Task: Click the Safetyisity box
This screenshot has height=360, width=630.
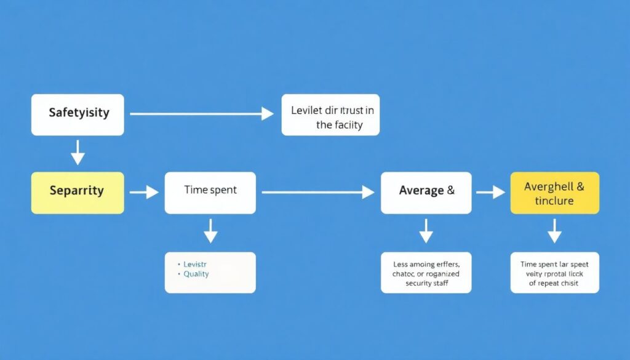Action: click(78, 114)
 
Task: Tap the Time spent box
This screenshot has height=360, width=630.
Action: click(210, 193)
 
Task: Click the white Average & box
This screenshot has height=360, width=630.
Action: click(426, 193)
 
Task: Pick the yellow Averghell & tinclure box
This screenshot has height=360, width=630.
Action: click(554, 193)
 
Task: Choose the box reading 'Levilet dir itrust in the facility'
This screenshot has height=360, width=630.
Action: click(330, 114)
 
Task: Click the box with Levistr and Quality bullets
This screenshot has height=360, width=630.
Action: click(210, 272)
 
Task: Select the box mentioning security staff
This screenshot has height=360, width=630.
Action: click(426, 272)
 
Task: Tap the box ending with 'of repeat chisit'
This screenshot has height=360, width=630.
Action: click(554, 272)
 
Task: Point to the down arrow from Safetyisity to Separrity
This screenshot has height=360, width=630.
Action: click(78, 152)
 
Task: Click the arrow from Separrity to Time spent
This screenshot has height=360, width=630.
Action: click(144, 193)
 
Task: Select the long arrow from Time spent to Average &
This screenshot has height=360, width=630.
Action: click(317, 193)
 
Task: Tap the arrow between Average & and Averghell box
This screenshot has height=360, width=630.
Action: click(490, 193)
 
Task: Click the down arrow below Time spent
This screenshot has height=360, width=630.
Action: click(210, 230)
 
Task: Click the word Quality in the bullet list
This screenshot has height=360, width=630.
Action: click(196, 274)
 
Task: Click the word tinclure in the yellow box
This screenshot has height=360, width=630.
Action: click(554, 201)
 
